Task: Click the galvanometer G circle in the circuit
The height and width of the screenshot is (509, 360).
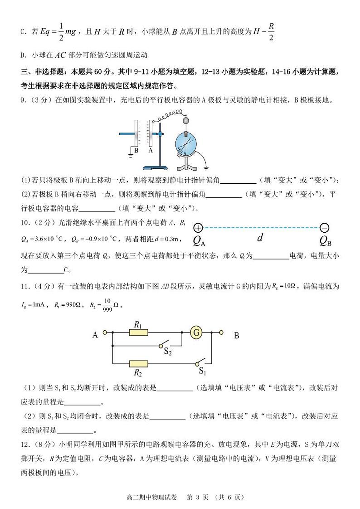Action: coord(197,333)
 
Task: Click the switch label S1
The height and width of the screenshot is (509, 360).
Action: coord(203,372)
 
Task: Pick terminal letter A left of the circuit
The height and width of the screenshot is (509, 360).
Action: coord(95,335)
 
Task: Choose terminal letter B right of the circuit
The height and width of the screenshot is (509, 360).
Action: coord(236,336)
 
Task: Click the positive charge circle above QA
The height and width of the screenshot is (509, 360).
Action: coord(198,228)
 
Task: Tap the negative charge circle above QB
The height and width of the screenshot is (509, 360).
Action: coord(324,228)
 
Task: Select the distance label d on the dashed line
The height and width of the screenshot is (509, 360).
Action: coord(260,238)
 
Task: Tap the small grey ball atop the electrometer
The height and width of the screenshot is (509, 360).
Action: coord(185,121)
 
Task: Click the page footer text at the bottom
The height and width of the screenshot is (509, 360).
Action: coord(180,497)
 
